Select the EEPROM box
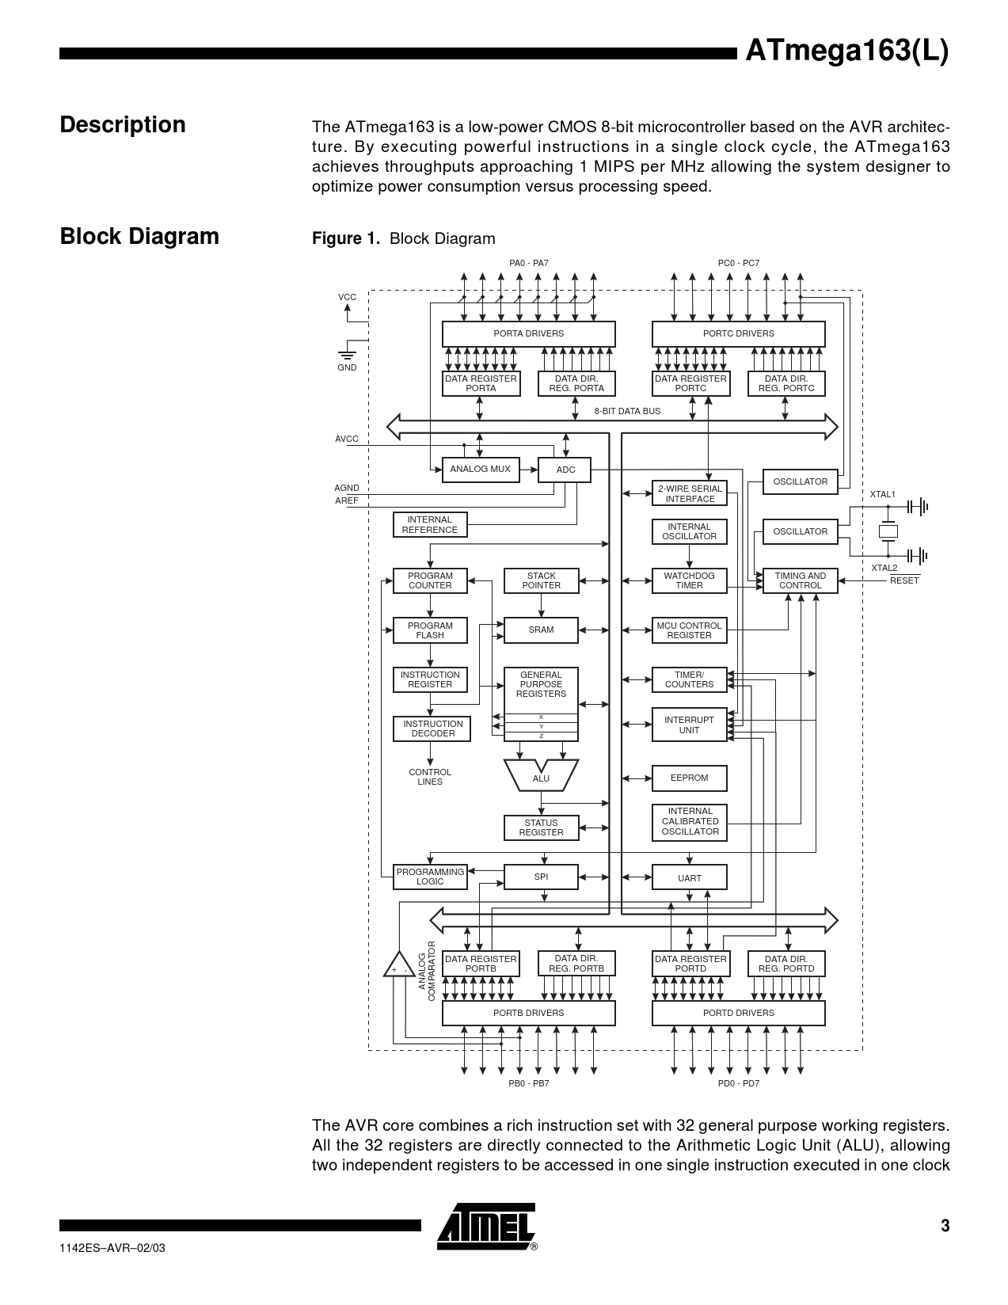(689, 778)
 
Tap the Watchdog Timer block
(689, 580)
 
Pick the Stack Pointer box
(542, 580)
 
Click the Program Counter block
(430, 580)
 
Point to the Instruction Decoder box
(432, 729)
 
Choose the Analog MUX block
(481, 470)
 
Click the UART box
(689, 878)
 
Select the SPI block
(542, 877)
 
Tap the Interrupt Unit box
(689, 725)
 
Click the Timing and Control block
(800, 580)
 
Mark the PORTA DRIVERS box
(528, 334)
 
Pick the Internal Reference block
(430, 525)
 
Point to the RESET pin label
(904, 580)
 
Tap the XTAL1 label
(883, 494)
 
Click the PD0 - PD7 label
(738, 1083)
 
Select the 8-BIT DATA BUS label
(627, 412)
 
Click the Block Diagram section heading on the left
(139, 237)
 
